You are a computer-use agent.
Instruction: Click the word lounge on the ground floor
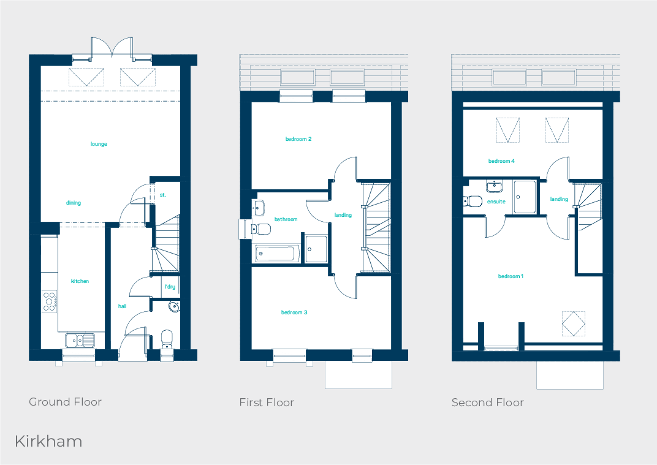[99, 144]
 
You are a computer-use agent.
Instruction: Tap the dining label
[74, 203]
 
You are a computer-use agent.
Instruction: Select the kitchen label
[80, 281]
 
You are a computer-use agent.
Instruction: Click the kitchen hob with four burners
[50, 300]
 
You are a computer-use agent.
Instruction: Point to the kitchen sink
[79, 339]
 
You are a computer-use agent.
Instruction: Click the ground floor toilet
[166, 338]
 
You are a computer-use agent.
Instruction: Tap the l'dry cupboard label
[170, 287]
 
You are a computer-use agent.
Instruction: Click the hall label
[123, 306]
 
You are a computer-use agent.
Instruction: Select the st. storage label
[163, 195]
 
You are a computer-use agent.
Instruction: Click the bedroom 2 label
[298, 139]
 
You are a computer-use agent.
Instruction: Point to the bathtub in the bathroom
[277, 253]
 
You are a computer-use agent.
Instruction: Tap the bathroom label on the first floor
[286, 219]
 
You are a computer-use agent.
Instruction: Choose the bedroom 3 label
[294, 312]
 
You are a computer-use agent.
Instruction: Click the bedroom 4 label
[501, 161]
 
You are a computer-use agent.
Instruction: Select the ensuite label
[496, 201]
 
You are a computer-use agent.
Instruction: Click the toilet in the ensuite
[473, 200]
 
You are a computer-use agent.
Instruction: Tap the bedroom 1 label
[511, 276]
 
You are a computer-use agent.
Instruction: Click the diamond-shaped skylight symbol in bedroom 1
[574, 323]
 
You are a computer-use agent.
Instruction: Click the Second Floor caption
[488, 403]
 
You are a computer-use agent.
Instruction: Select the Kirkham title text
[48, 441]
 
